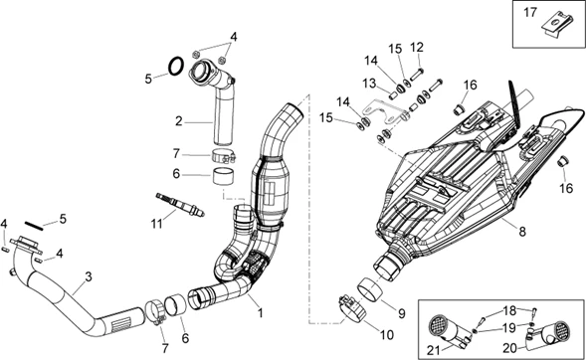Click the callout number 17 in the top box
click(530, 13)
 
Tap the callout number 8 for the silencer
click(522, 232)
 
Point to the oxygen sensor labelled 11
click(180, 204)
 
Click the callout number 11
click(157, 224)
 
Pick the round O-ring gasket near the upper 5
click(176, 66)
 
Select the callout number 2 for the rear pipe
click(179, 121)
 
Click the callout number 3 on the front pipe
click(89, 277)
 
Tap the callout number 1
click(260, 312)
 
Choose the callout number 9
click(401, 313)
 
